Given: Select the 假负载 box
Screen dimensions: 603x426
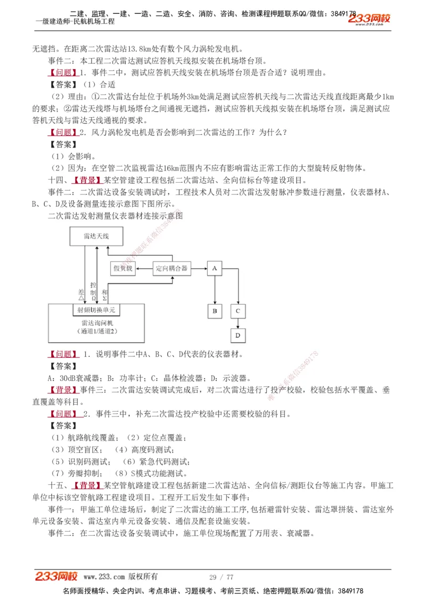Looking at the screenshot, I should tap(124, 268).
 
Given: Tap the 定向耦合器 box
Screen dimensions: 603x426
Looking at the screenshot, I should tap(171, 268).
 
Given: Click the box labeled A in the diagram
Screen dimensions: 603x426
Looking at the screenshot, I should tap(214, 268).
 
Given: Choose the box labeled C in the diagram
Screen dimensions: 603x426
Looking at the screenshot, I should tap(238, 311).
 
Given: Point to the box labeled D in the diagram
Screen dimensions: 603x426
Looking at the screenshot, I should tap(238, 335).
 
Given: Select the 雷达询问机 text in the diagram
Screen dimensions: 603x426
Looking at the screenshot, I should tap(97, 323).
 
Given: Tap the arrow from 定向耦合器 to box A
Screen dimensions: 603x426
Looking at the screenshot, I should tap(198, 268).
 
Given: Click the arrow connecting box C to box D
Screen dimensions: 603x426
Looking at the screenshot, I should tap(238, 323).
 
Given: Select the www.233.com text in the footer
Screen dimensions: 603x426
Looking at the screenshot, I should tap(104, 577).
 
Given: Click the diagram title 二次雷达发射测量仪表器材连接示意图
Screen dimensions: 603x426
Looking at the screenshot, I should tap(116, 216).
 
